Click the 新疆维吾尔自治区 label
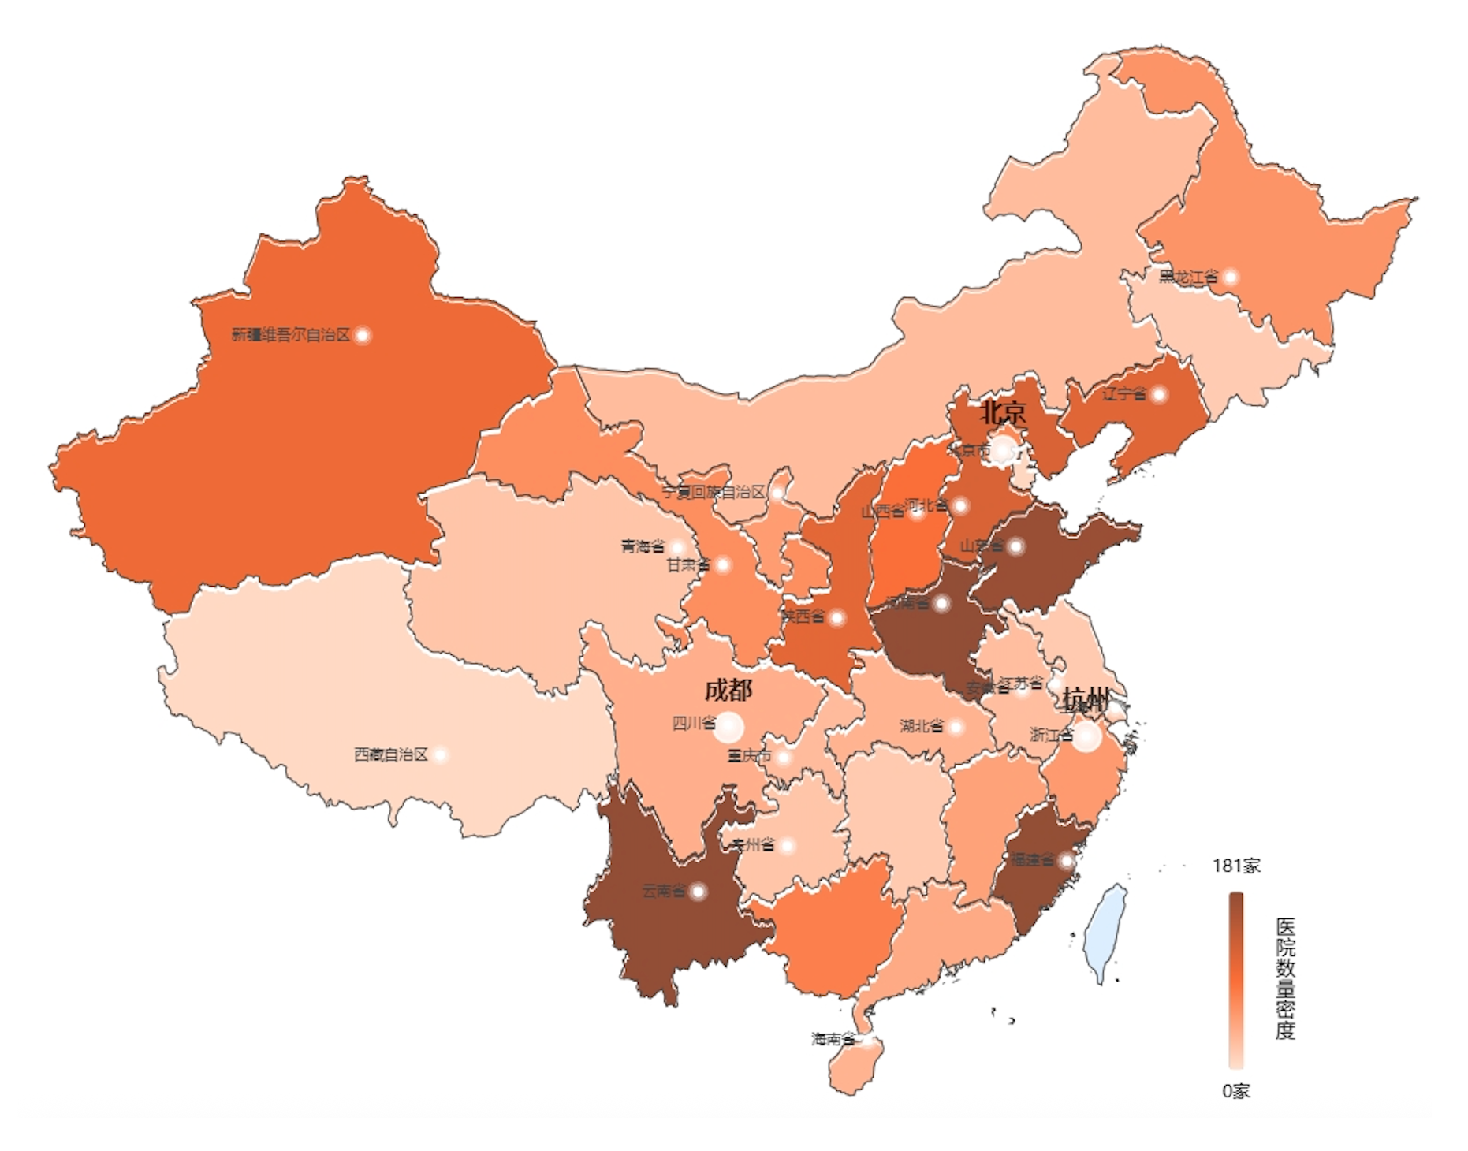pos(290,335)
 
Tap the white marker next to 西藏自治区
pos(441,755)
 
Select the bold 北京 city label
pos(1003,412)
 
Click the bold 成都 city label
pos(728,691)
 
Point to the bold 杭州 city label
pos(1085,699)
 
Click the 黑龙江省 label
pos(1187,278)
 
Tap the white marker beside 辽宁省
pos(1158,394)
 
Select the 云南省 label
pos(663,891)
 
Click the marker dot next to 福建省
pos(1066,860)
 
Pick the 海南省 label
pos(833,1039)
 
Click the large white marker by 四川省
pos(728,727)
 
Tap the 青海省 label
pos(643,546)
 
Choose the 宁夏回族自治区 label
pos(714,493)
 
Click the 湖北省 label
pos(921,725)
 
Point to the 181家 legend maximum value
pos(1236,866)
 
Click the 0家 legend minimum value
pos(1236,1091)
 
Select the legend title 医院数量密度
pos(1285,978)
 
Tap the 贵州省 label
pos(751,845)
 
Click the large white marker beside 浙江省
pos(1086,736)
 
